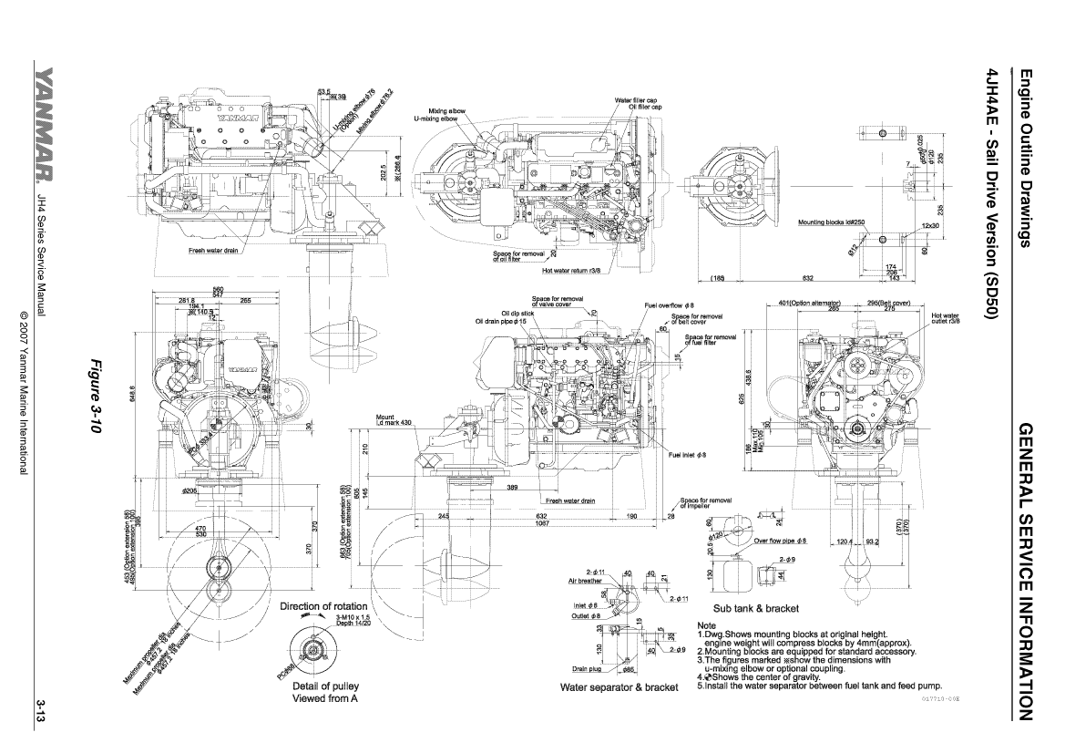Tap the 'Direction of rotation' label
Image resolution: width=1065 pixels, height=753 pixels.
(x=323, y=606)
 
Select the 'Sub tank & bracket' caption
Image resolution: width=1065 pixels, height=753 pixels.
(x=756, y=608)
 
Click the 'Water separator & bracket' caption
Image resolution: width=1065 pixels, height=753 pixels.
(x=620, y=686)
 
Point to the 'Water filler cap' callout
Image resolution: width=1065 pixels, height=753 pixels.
(x=636, y=100)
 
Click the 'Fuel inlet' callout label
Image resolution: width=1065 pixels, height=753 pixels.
(x=687, y=455)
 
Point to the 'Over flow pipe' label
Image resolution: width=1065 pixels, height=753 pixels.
(x=781, y=541)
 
